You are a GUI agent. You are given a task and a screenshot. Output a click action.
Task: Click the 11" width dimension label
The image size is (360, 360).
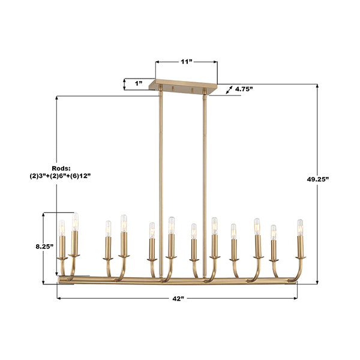186,62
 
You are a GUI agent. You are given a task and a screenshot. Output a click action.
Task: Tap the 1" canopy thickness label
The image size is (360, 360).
139,83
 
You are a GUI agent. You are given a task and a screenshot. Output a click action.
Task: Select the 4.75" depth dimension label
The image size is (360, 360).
244,89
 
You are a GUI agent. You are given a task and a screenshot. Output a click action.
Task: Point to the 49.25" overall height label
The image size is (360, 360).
318,179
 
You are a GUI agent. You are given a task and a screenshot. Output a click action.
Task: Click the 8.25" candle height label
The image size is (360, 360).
44,247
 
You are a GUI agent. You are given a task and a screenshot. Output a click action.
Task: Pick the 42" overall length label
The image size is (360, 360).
178,298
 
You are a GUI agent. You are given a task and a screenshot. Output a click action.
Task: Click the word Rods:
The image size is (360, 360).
61,168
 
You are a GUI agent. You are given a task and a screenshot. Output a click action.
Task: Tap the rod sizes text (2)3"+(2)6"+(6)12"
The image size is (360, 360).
61,176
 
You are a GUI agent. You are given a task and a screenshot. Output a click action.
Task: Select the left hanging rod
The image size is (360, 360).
161,184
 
